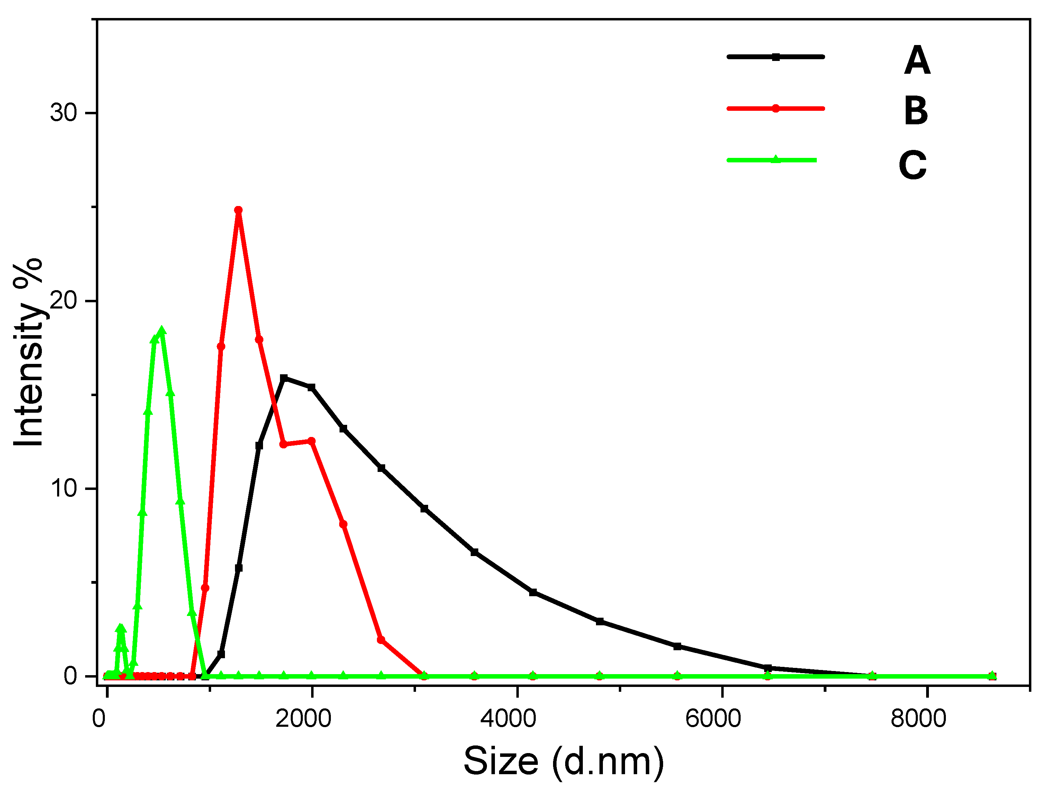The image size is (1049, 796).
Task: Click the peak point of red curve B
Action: pyautogui.click(x=238, y=210)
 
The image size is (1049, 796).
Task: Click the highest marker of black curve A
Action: pyautogui.click(x=283, y=378)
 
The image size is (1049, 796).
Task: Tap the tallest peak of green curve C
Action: pyautogui.click(x=162, y=331)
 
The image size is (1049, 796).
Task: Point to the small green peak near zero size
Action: pyautogui.click(x=120, y=628)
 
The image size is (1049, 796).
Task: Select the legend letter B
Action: pyautogui.click(x=916, y=111)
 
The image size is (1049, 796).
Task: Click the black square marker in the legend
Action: pyautogui.click(x=775, y=57)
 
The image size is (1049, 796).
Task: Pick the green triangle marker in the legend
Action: pyautogui.click(x=775, y=159)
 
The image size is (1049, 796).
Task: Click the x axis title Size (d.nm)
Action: pyautogui.click(x=563, y=762)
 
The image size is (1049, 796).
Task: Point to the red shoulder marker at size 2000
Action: pyautogui.click(x=311, y=441)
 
